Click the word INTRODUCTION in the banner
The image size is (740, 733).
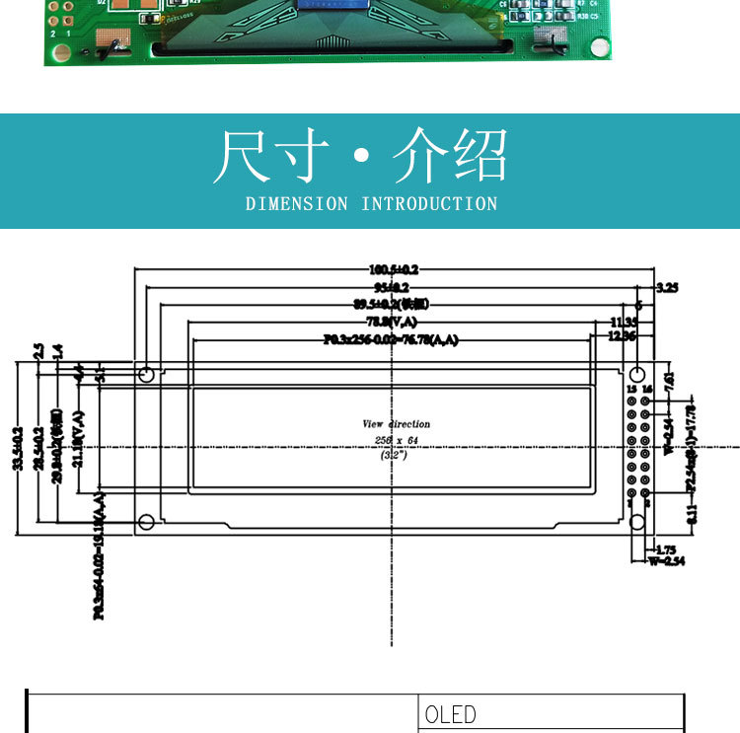[x=429, y=204]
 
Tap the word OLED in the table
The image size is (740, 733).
[x=450, y=714]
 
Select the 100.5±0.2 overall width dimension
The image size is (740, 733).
[x=394, y=269]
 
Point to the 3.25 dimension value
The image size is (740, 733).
[x=668, y=288]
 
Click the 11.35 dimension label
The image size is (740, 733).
[x=624, y=323]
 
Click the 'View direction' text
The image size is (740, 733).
[x=397, y=424]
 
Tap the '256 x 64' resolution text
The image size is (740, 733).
[x=396, y=440]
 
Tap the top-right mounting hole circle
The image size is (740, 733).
[x=638, y=375]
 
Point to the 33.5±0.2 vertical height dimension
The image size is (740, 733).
[x=17, y=449]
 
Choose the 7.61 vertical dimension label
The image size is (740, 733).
[x=669, y=380]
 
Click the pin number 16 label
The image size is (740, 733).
[x=647, y=390]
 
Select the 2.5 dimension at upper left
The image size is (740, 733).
[x=38, y=351]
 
